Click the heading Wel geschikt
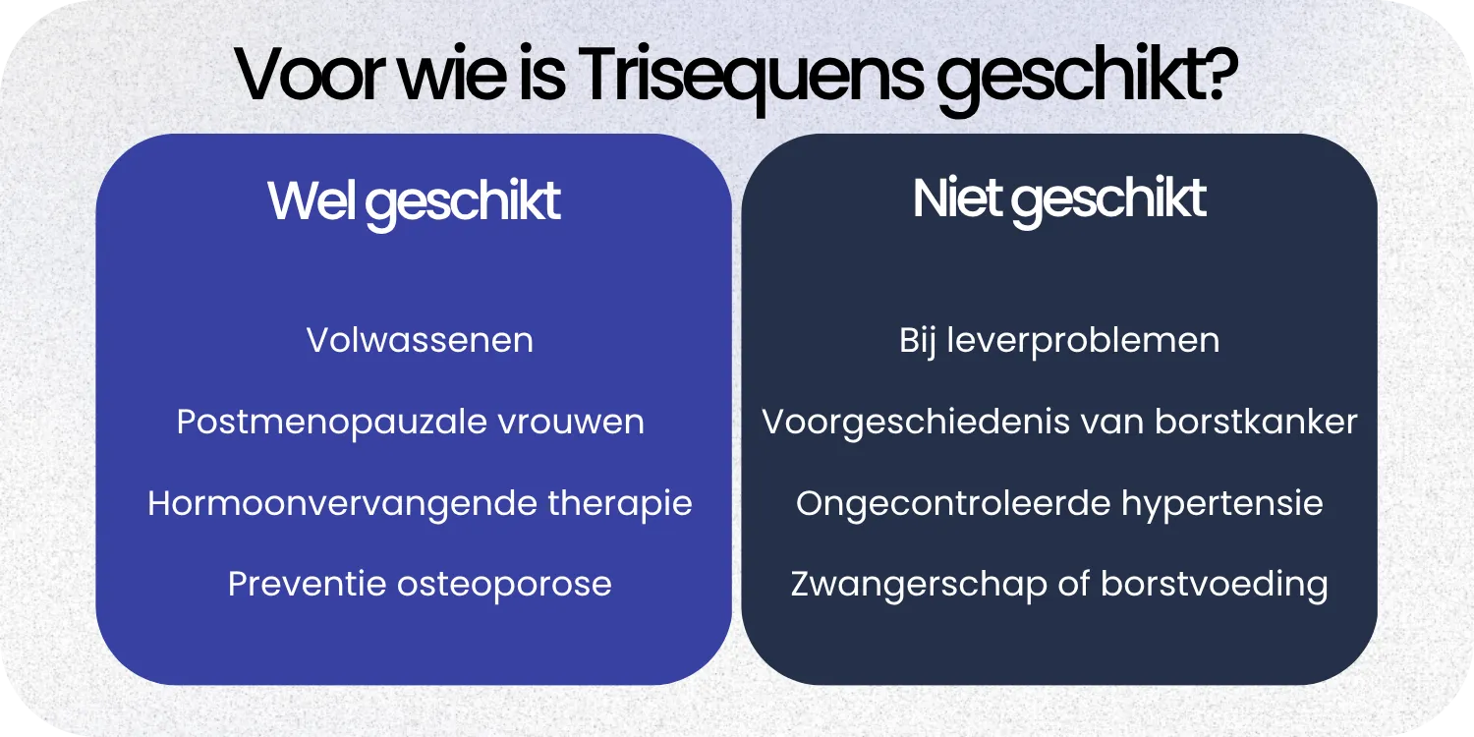click(414, 201)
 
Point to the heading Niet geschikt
click(1059, 199)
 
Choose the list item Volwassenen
click(420, 341)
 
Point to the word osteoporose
click(503, 585)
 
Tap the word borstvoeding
click(1215, 585)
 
